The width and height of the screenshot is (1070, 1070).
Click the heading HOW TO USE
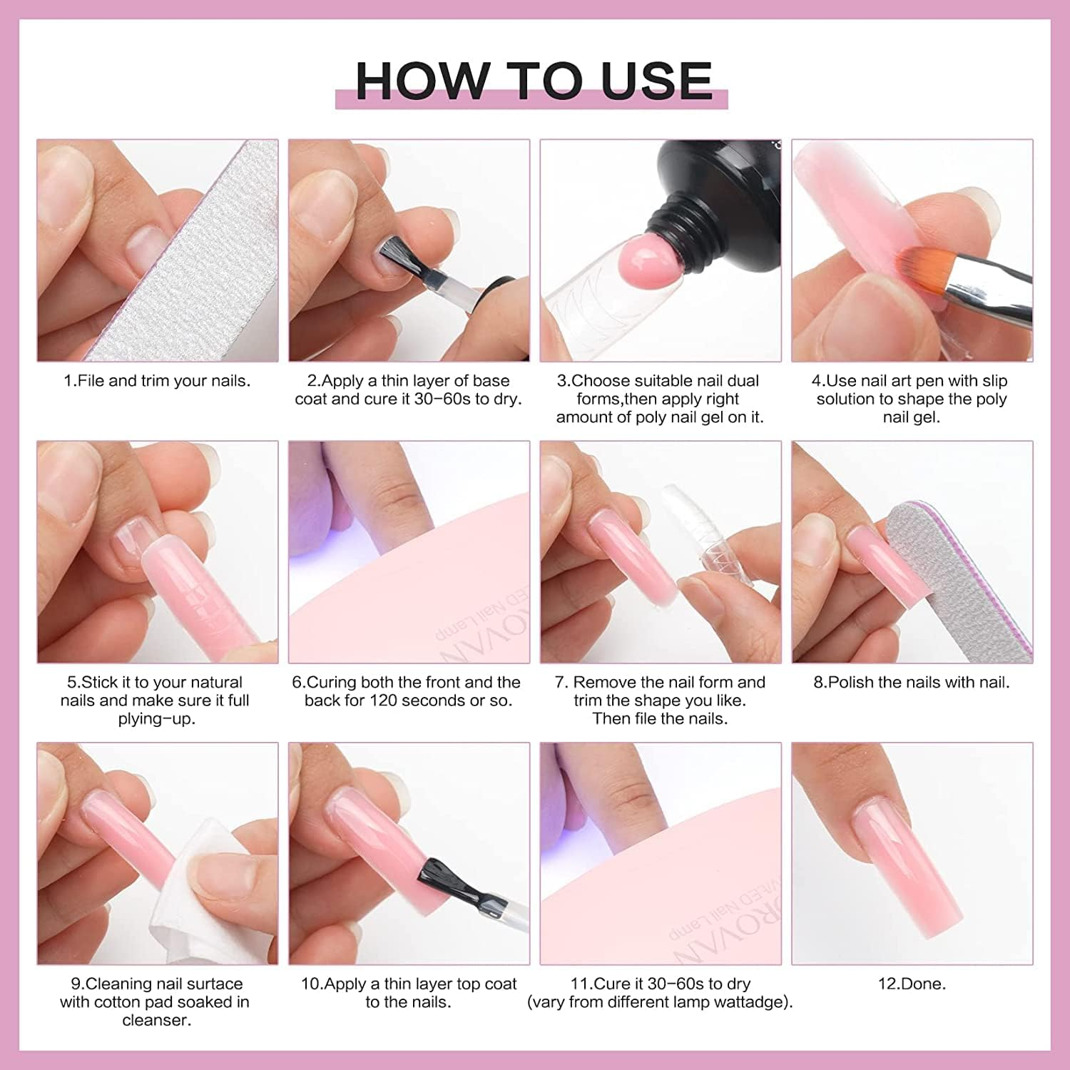[534, 80]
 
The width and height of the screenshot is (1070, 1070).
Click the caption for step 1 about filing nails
[157, 381]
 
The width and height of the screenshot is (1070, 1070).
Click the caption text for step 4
[912, 399]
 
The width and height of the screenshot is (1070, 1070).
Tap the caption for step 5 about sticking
[155, 700]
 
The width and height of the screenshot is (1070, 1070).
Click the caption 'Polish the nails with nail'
[912, 683]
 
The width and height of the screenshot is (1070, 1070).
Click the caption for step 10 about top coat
[408, 993]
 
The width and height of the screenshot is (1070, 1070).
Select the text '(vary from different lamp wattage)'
[660, 1002]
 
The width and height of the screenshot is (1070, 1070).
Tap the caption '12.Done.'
[912, 984]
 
